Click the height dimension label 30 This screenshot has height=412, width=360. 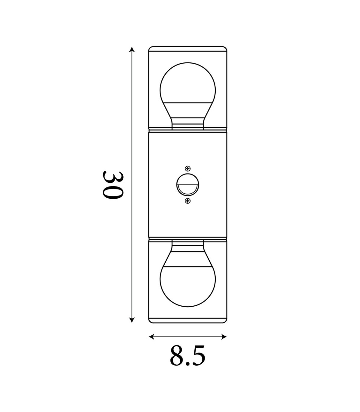coord(112,185)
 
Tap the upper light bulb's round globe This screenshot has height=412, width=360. coord(187,83)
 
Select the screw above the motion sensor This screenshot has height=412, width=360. coord(187,168)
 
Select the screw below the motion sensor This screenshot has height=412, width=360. coord(187,201)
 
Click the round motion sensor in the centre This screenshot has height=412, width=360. coord(187,184)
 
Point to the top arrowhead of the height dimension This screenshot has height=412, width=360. coord(132,50)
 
